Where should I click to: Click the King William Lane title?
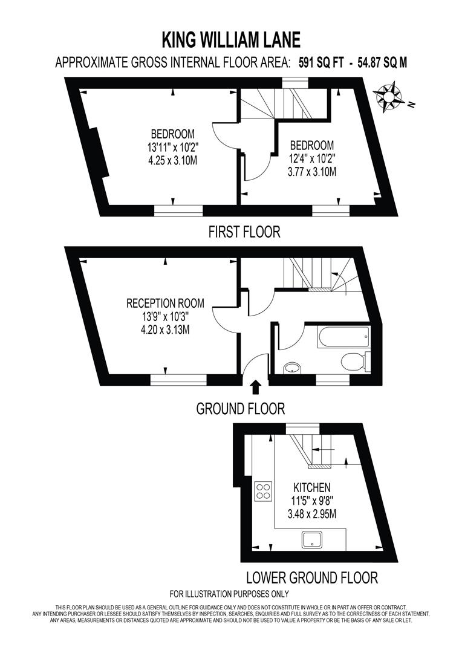click(231, 41)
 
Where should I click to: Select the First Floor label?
click(244, 232)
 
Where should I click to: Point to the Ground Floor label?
click(240, 409)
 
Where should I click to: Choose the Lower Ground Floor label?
click(311, 577)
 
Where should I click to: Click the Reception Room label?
click(165, 303)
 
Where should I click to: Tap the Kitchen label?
click(311, 487)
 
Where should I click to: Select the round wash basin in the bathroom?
click(292, 366)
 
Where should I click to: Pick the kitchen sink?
click(313, 539)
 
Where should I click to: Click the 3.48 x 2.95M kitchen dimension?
click(311, 515)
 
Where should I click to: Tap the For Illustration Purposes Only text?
click(229, 594)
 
